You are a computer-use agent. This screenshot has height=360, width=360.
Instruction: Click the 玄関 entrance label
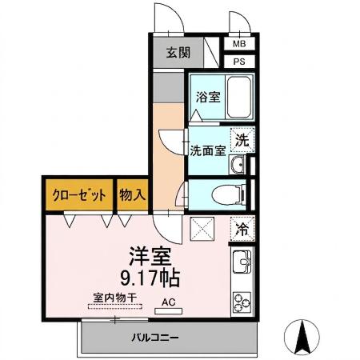[x=178, y=54]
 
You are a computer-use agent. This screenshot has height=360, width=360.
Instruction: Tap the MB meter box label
[x=238, y=45]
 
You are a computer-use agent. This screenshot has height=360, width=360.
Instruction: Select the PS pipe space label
[x=238, y=62]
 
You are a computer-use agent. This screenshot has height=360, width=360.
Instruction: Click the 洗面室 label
[x=207, y=150]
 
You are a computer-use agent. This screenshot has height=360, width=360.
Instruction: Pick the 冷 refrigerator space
[x=241, y=228]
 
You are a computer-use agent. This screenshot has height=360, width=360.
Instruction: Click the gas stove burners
[x=241, y=302]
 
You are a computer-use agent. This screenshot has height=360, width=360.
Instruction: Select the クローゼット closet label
[x=78, y=194]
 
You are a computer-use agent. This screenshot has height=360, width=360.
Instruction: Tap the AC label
[x=168, y=302]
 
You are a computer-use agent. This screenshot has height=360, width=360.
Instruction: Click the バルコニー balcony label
[x=155, y=337]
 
